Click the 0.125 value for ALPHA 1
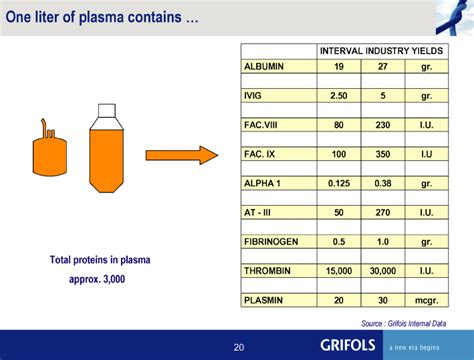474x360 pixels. click(x=339, y=184)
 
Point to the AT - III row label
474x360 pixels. click(x=260, y=213)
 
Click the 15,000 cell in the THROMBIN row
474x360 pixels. click(x=339, y=271)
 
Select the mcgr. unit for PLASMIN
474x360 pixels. click(x=427, y=300)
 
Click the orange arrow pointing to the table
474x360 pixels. click(x=181, y=155)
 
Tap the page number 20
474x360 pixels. click(x=238, y=346)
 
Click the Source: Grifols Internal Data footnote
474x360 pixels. click(x=404, y=322)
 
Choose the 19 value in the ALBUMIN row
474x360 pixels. click(x=339, y=66)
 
